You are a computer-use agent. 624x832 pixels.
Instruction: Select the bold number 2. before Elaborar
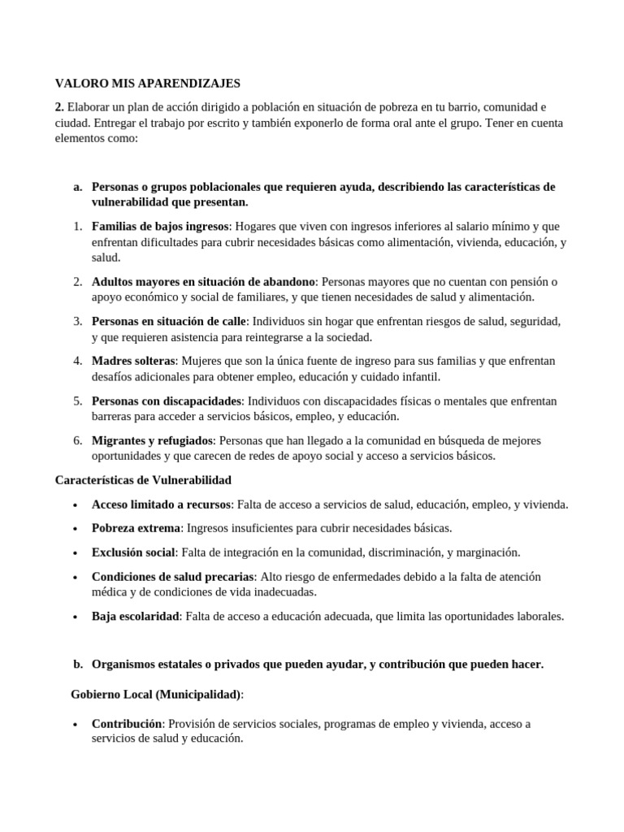tap(59, 107)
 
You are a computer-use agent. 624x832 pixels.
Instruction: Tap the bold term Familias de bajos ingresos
tap(161, 226)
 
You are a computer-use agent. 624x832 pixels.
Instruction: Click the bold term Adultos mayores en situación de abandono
tap(203, 281)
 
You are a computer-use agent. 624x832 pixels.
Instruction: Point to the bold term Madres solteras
tap(133, 361)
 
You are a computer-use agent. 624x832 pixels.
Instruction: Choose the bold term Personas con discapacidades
tap(167, 401)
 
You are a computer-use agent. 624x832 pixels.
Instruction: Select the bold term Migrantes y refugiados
tap(152, 440)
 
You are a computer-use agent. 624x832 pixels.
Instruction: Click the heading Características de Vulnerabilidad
tap(143, 480)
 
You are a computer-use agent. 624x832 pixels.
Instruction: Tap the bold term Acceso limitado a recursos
tap(162, 505)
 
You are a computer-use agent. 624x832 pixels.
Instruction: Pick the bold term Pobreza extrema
tap(136, 528)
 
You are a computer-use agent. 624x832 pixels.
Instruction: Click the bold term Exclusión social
tap(133, 552)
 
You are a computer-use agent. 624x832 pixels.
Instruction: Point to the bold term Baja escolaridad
tap(136, 616)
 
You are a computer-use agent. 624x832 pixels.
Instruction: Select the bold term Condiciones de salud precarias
tap(173, 576)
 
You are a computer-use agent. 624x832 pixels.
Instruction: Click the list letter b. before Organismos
tap(78, 664)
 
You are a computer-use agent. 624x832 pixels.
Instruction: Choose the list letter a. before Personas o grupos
tap(78, 186)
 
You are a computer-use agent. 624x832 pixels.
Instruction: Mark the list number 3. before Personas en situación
tap(77, 321)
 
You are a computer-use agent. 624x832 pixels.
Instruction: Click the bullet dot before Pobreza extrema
tap(75, 529)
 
